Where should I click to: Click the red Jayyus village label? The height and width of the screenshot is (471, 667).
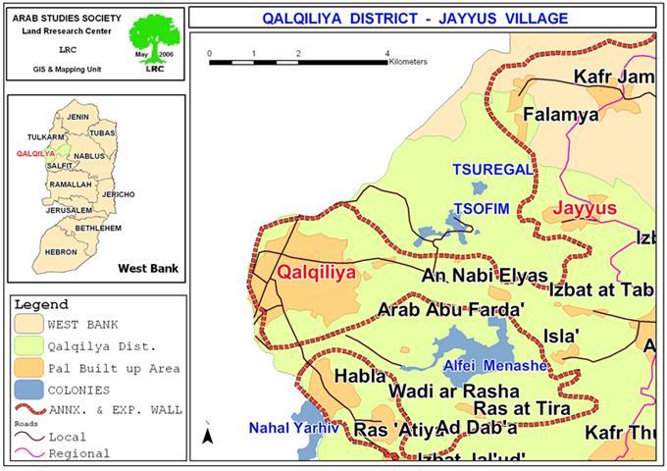point(584,209)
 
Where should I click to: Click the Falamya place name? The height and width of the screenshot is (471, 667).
point(560,115)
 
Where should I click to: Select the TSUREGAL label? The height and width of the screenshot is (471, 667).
point(491,170)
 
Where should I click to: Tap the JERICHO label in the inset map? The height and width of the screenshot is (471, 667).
point(118,194)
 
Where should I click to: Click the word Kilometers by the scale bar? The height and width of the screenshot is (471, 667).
point(407,62)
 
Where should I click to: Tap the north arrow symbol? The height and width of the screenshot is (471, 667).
point(207,435)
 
